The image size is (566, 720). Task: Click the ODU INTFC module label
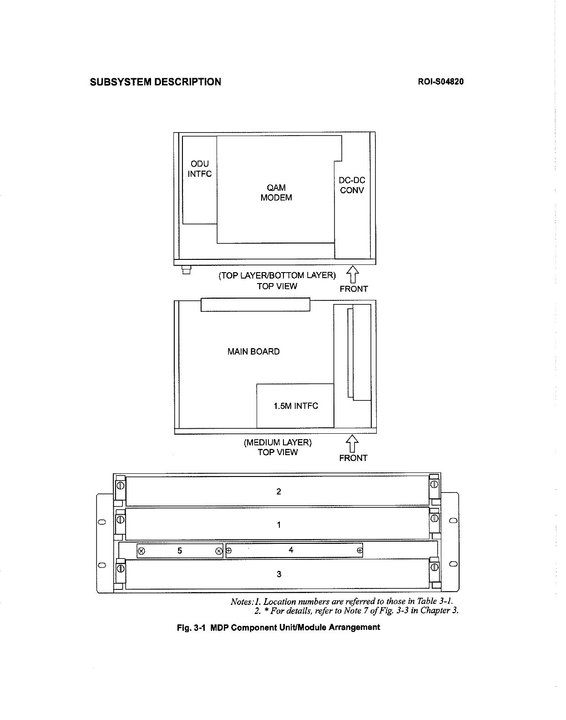200,169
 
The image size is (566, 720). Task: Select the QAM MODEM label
276,193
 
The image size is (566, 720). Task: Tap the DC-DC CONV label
352,185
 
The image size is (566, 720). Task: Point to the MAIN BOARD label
253,351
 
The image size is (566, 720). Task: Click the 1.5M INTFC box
295,406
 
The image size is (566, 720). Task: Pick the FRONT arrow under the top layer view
353,274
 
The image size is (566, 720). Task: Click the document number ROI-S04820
440,82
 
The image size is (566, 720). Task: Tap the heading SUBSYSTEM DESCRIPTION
156,82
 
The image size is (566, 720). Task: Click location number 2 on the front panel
278,492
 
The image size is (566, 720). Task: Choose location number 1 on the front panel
278,525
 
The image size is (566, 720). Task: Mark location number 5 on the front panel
180,551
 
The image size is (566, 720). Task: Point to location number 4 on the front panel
291,550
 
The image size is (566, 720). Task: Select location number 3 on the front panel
279,574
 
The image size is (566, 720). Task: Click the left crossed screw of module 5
141,551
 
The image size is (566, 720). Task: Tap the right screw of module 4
359,551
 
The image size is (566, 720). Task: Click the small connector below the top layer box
186,270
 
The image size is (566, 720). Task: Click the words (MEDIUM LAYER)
278,442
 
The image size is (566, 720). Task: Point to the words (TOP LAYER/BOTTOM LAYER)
277,275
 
